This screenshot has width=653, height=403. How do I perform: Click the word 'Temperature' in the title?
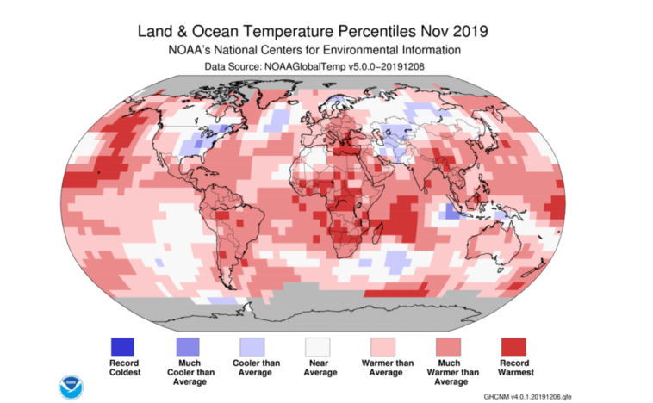coord(281,31)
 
